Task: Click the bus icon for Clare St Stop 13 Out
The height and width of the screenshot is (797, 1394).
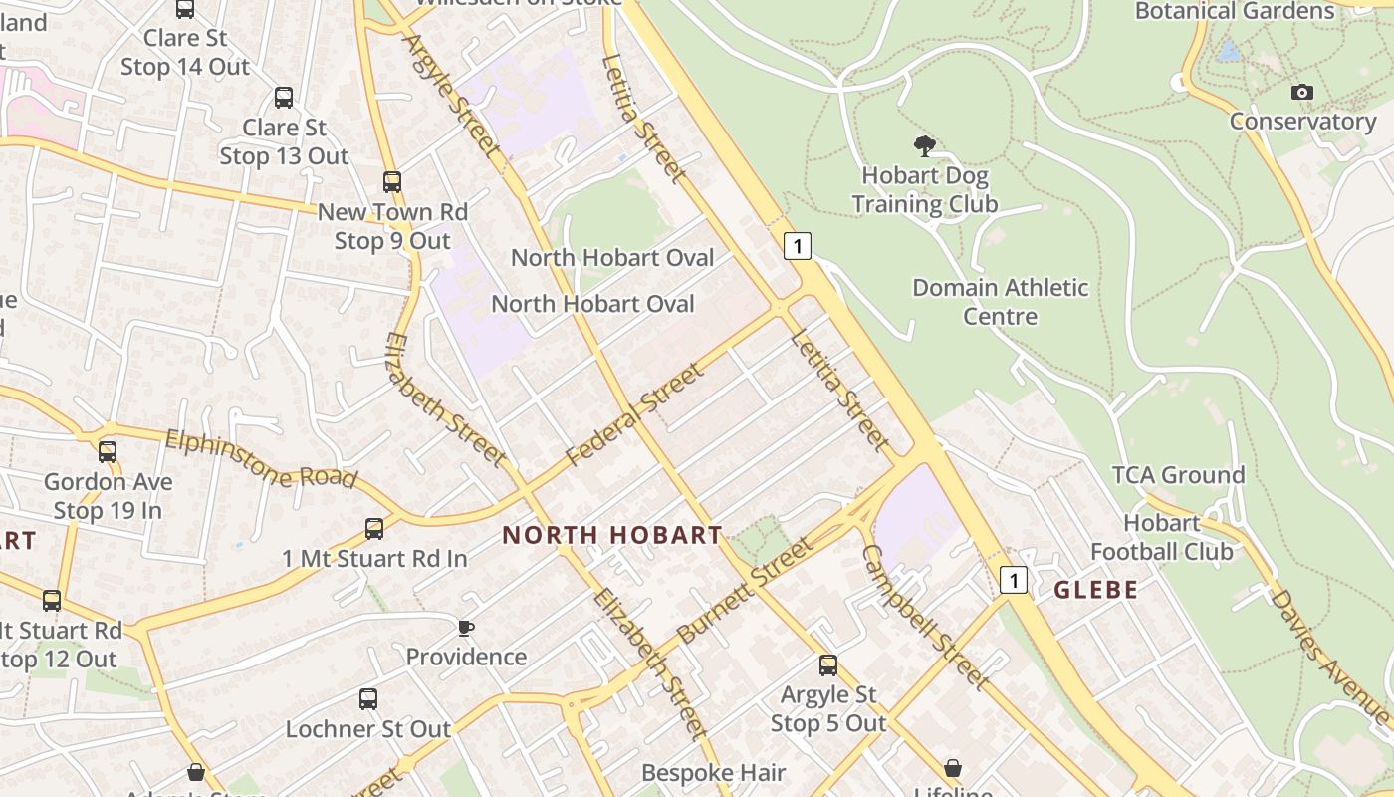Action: click(x=284, y=98)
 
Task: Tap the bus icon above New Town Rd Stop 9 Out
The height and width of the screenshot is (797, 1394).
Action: click(x=392, y=182)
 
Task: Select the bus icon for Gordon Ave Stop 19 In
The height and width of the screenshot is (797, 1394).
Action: click(x=108, y=452)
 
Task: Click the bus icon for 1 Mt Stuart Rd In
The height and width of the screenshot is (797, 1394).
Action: click(x=374, y=529)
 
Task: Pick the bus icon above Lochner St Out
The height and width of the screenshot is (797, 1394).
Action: click(x=368, y=699)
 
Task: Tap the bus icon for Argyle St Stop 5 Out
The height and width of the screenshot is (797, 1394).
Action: click(x=828, y=665)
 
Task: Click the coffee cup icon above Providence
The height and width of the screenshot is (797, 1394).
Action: click(x=465, y=628)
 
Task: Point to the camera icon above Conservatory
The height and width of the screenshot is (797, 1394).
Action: click(x=1301, y=93)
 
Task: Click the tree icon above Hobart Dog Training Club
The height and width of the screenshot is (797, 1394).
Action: click(x=925, y=146)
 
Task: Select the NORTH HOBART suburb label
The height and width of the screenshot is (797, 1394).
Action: click(x=611, y=535)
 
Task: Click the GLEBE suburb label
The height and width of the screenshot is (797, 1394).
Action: click(x=1095, y=590)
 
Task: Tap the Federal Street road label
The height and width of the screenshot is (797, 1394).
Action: click(x=635, y=415)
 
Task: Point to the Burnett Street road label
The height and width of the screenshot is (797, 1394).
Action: click(x=744, y=591)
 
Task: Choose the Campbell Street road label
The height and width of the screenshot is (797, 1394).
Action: click(x=925, y=618)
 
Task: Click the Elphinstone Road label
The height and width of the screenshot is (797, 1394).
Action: click(x=261, y=459)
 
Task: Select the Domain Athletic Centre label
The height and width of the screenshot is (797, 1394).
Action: click(x=1001, y=302)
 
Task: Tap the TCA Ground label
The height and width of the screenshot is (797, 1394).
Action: click(x=1179, y=475)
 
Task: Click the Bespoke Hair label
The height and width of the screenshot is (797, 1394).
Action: click(x=714, y=773)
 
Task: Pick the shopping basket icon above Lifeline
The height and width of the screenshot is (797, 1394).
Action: click(x=953, y=768)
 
